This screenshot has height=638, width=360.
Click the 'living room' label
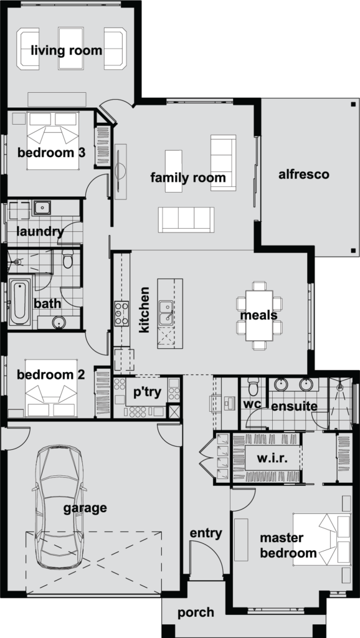67,50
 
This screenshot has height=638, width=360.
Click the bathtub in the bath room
20,303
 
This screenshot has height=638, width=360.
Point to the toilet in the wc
253,389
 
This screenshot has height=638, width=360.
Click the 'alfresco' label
303,174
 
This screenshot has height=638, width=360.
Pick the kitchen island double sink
166,312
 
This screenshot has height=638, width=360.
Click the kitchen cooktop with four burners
121,313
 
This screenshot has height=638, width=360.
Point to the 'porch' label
196,612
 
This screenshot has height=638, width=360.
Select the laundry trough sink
42,207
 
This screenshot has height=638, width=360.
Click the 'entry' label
206,533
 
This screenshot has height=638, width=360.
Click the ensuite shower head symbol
340,386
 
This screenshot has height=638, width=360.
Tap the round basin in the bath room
58,322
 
